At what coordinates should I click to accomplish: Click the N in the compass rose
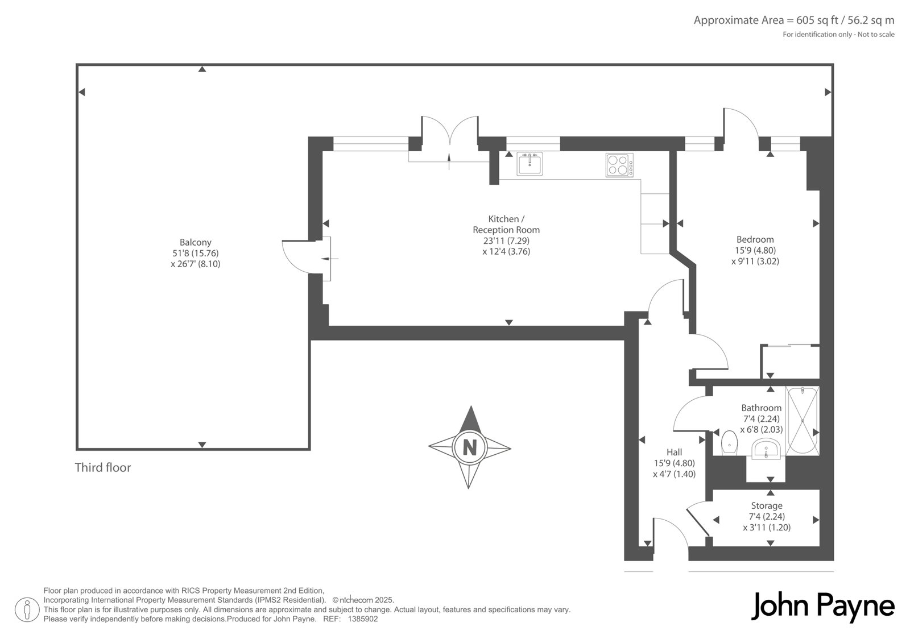(x=470, y=447)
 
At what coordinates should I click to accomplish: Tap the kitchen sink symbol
(x=530, y=164)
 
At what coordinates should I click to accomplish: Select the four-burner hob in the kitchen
(x=619, y=165)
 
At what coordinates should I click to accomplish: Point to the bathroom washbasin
(x=766, y=449)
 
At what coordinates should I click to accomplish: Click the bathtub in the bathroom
(x=803, y=420)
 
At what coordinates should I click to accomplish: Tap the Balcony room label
(x=196, y=243)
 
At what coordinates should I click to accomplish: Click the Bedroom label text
(x=755, y=239)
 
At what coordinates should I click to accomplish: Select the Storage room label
(x=766, y=506)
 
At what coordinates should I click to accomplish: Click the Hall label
(x=674, y=452)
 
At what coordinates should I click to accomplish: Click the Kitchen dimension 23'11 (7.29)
(x=506, y=240)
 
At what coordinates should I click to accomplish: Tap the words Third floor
(x=103, y=467)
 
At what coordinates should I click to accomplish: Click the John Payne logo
(x=822, y=607)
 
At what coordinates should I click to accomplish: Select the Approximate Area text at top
(x=794, y=20)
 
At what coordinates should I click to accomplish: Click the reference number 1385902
(x=363, y=619)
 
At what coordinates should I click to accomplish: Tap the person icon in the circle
(x=27, y=609)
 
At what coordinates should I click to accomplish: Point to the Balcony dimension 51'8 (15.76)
(x=196, y=253)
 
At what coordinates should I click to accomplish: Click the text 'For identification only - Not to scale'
(x=838, y=35)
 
